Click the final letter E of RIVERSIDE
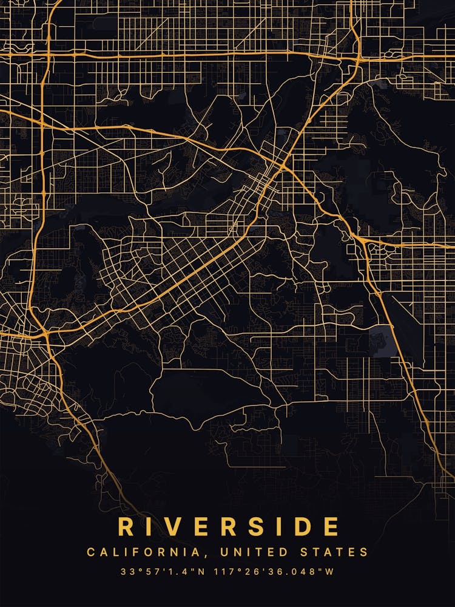331,526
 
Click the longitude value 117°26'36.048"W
271,571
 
